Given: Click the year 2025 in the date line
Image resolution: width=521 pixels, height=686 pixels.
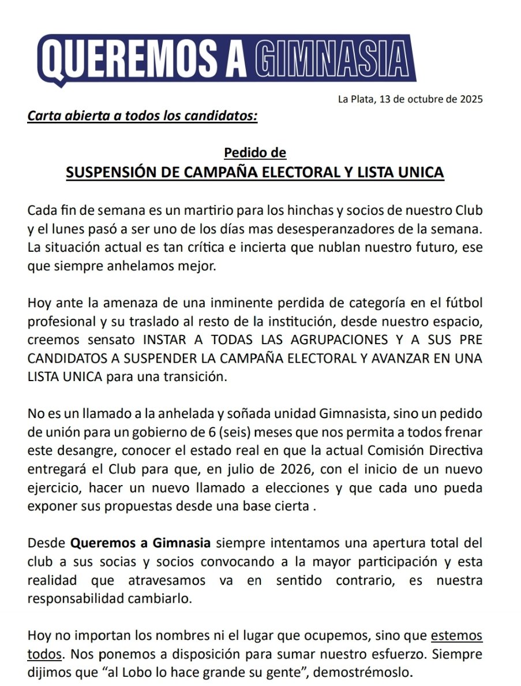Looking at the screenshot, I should point(468,99).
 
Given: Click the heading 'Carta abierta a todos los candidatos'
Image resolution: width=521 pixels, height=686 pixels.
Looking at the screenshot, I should point(142,115).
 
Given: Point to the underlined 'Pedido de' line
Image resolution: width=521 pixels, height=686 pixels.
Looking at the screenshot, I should point(255,153).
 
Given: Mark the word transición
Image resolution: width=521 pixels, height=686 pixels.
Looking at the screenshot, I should point(194,377).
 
